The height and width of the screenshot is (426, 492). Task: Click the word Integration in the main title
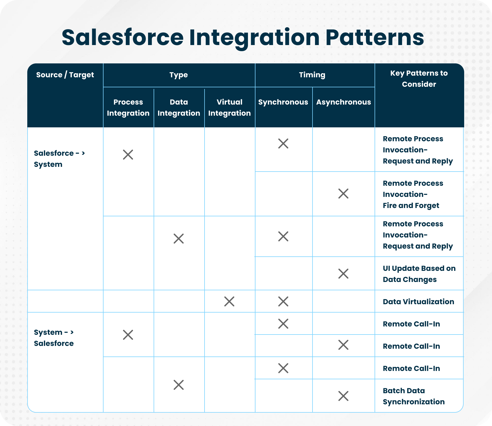(x=254, y=38)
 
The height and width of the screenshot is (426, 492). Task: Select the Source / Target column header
(x=65, y=75)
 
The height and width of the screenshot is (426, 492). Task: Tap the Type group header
(x=179, y=75)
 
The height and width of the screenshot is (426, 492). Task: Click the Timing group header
(x=312, y=75)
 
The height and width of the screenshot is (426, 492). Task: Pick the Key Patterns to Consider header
(x=419, y=79)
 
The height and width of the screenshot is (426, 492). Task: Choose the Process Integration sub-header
(x=128, y=108)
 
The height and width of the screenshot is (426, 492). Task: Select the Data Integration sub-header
(x=179, y=108)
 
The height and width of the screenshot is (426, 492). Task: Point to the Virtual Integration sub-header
(x=229, y=108)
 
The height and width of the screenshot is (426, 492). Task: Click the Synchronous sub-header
(x=283, y=102)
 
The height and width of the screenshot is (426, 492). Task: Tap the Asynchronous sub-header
(x=343, y=102)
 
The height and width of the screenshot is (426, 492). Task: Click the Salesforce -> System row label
(x=59, y=159)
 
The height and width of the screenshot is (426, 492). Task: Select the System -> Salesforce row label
(x=54, y=338)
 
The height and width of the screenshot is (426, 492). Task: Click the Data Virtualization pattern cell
(x=418, y=302)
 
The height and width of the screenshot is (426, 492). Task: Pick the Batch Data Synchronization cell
(x=414, y=396)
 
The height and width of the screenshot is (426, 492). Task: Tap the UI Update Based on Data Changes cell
(x=419, y=274)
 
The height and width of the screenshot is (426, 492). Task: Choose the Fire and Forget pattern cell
(x=413, y=194)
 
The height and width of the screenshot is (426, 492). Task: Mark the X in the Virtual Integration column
(x=229, y=301)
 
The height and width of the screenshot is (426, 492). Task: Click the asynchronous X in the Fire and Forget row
(x=343, y=194)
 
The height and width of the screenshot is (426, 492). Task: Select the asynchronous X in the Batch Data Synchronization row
(x=343, y=396)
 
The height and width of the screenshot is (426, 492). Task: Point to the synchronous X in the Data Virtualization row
(x=283, y=301)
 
